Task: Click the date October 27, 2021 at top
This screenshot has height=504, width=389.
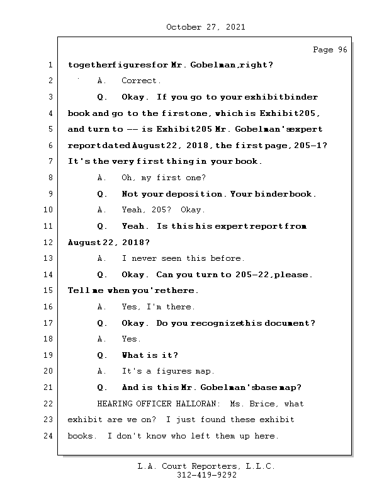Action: tap(205, 27)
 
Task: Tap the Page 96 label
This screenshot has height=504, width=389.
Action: tap(330, 50)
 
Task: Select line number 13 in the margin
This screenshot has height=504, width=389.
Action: tap(50, 258)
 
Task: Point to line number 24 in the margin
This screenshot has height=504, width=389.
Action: tap(50, 436)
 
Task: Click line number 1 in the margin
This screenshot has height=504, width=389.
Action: tap(50, 65)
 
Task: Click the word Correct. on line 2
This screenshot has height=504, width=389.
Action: tap(141, 81)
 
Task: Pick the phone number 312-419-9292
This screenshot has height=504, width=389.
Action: tap(206, 476)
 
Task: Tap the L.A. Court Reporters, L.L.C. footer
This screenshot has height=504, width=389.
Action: tap(206, 466)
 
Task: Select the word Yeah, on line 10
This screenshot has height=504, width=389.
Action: tap(134, 210)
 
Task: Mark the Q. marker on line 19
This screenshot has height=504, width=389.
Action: tap(102, 355)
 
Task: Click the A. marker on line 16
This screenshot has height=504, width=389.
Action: tap(102, 307)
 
